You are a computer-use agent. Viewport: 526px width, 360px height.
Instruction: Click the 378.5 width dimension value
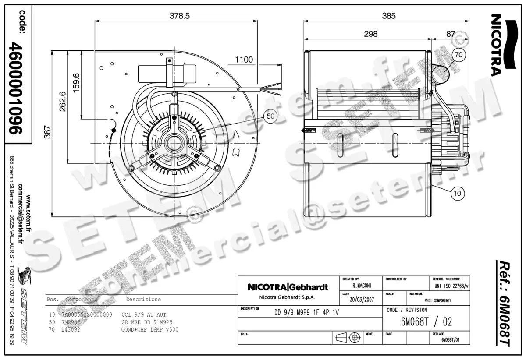[180, 16]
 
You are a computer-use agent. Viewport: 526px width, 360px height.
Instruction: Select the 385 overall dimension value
[388, 16]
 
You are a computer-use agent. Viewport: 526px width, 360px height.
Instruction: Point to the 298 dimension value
[370, 34]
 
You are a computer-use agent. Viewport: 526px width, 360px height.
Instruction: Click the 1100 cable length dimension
[244, 60]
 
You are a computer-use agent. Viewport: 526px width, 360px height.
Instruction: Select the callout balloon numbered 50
[270, 116]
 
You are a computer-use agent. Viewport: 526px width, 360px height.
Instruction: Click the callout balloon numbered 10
[457, 192]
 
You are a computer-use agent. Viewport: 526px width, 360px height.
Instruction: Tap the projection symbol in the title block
[347, 338]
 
